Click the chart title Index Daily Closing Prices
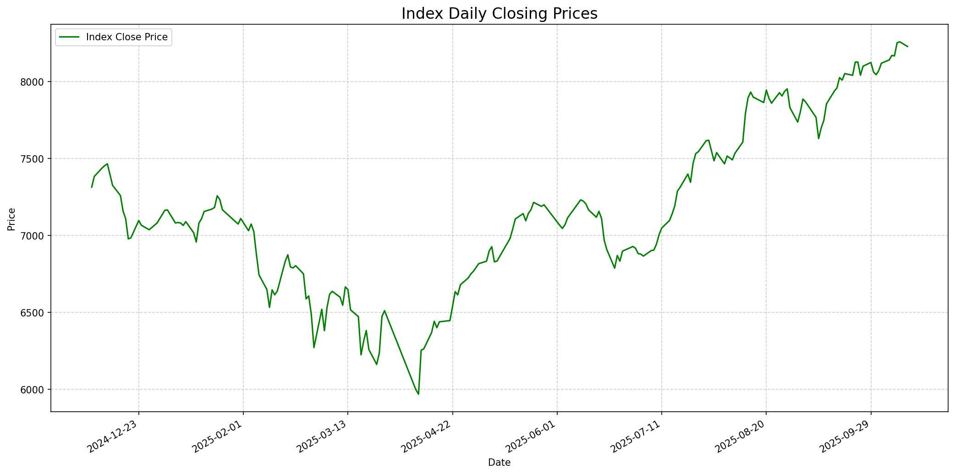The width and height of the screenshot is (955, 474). click(499, 14)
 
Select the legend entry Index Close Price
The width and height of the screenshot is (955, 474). click(126, 37)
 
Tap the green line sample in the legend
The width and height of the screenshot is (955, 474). click(69, 37)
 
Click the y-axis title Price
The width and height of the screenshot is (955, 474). click(12, 219)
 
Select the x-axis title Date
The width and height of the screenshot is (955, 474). click(499, 463)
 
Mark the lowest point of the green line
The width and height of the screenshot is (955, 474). click(418, 394)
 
